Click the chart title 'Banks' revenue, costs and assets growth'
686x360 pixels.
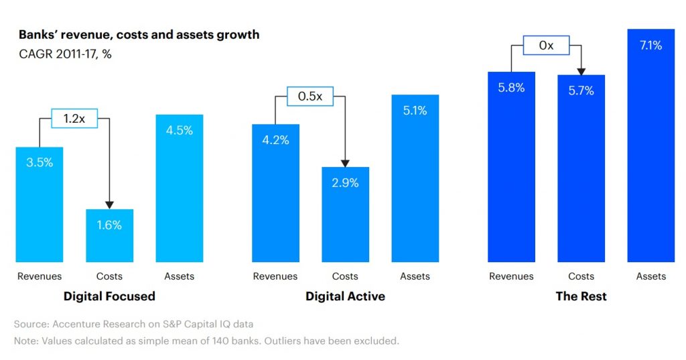tap(139, 34)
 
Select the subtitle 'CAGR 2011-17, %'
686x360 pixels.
tap(65, 54)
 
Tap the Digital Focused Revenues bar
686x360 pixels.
tap(40, 204)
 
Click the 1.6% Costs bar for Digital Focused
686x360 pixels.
tap(109, 236)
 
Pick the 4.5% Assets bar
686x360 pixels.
tap(180, 188)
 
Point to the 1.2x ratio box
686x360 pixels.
tap(74, 119)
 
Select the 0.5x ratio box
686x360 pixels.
tap(310, 97)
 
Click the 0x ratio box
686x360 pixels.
tap(547, 46)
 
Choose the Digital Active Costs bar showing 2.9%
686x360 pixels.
tap(345, 215)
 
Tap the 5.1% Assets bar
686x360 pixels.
tap(415, 178)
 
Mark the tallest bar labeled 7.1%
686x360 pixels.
tap(650, 145)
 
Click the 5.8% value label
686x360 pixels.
tap(511, 87)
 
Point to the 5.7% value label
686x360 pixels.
tap(581, 91)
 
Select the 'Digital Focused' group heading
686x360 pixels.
tap(109, 296)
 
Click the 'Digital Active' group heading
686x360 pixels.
tap(345, 296)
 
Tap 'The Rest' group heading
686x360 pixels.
tap(581, 296)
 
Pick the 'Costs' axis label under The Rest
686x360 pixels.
tap(581, 276)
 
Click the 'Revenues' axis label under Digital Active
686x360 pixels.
tap(275, 276)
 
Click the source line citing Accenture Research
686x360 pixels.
tap(133, 324)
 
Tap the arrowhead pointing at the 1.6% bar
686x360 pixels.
tap(109, 204)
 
